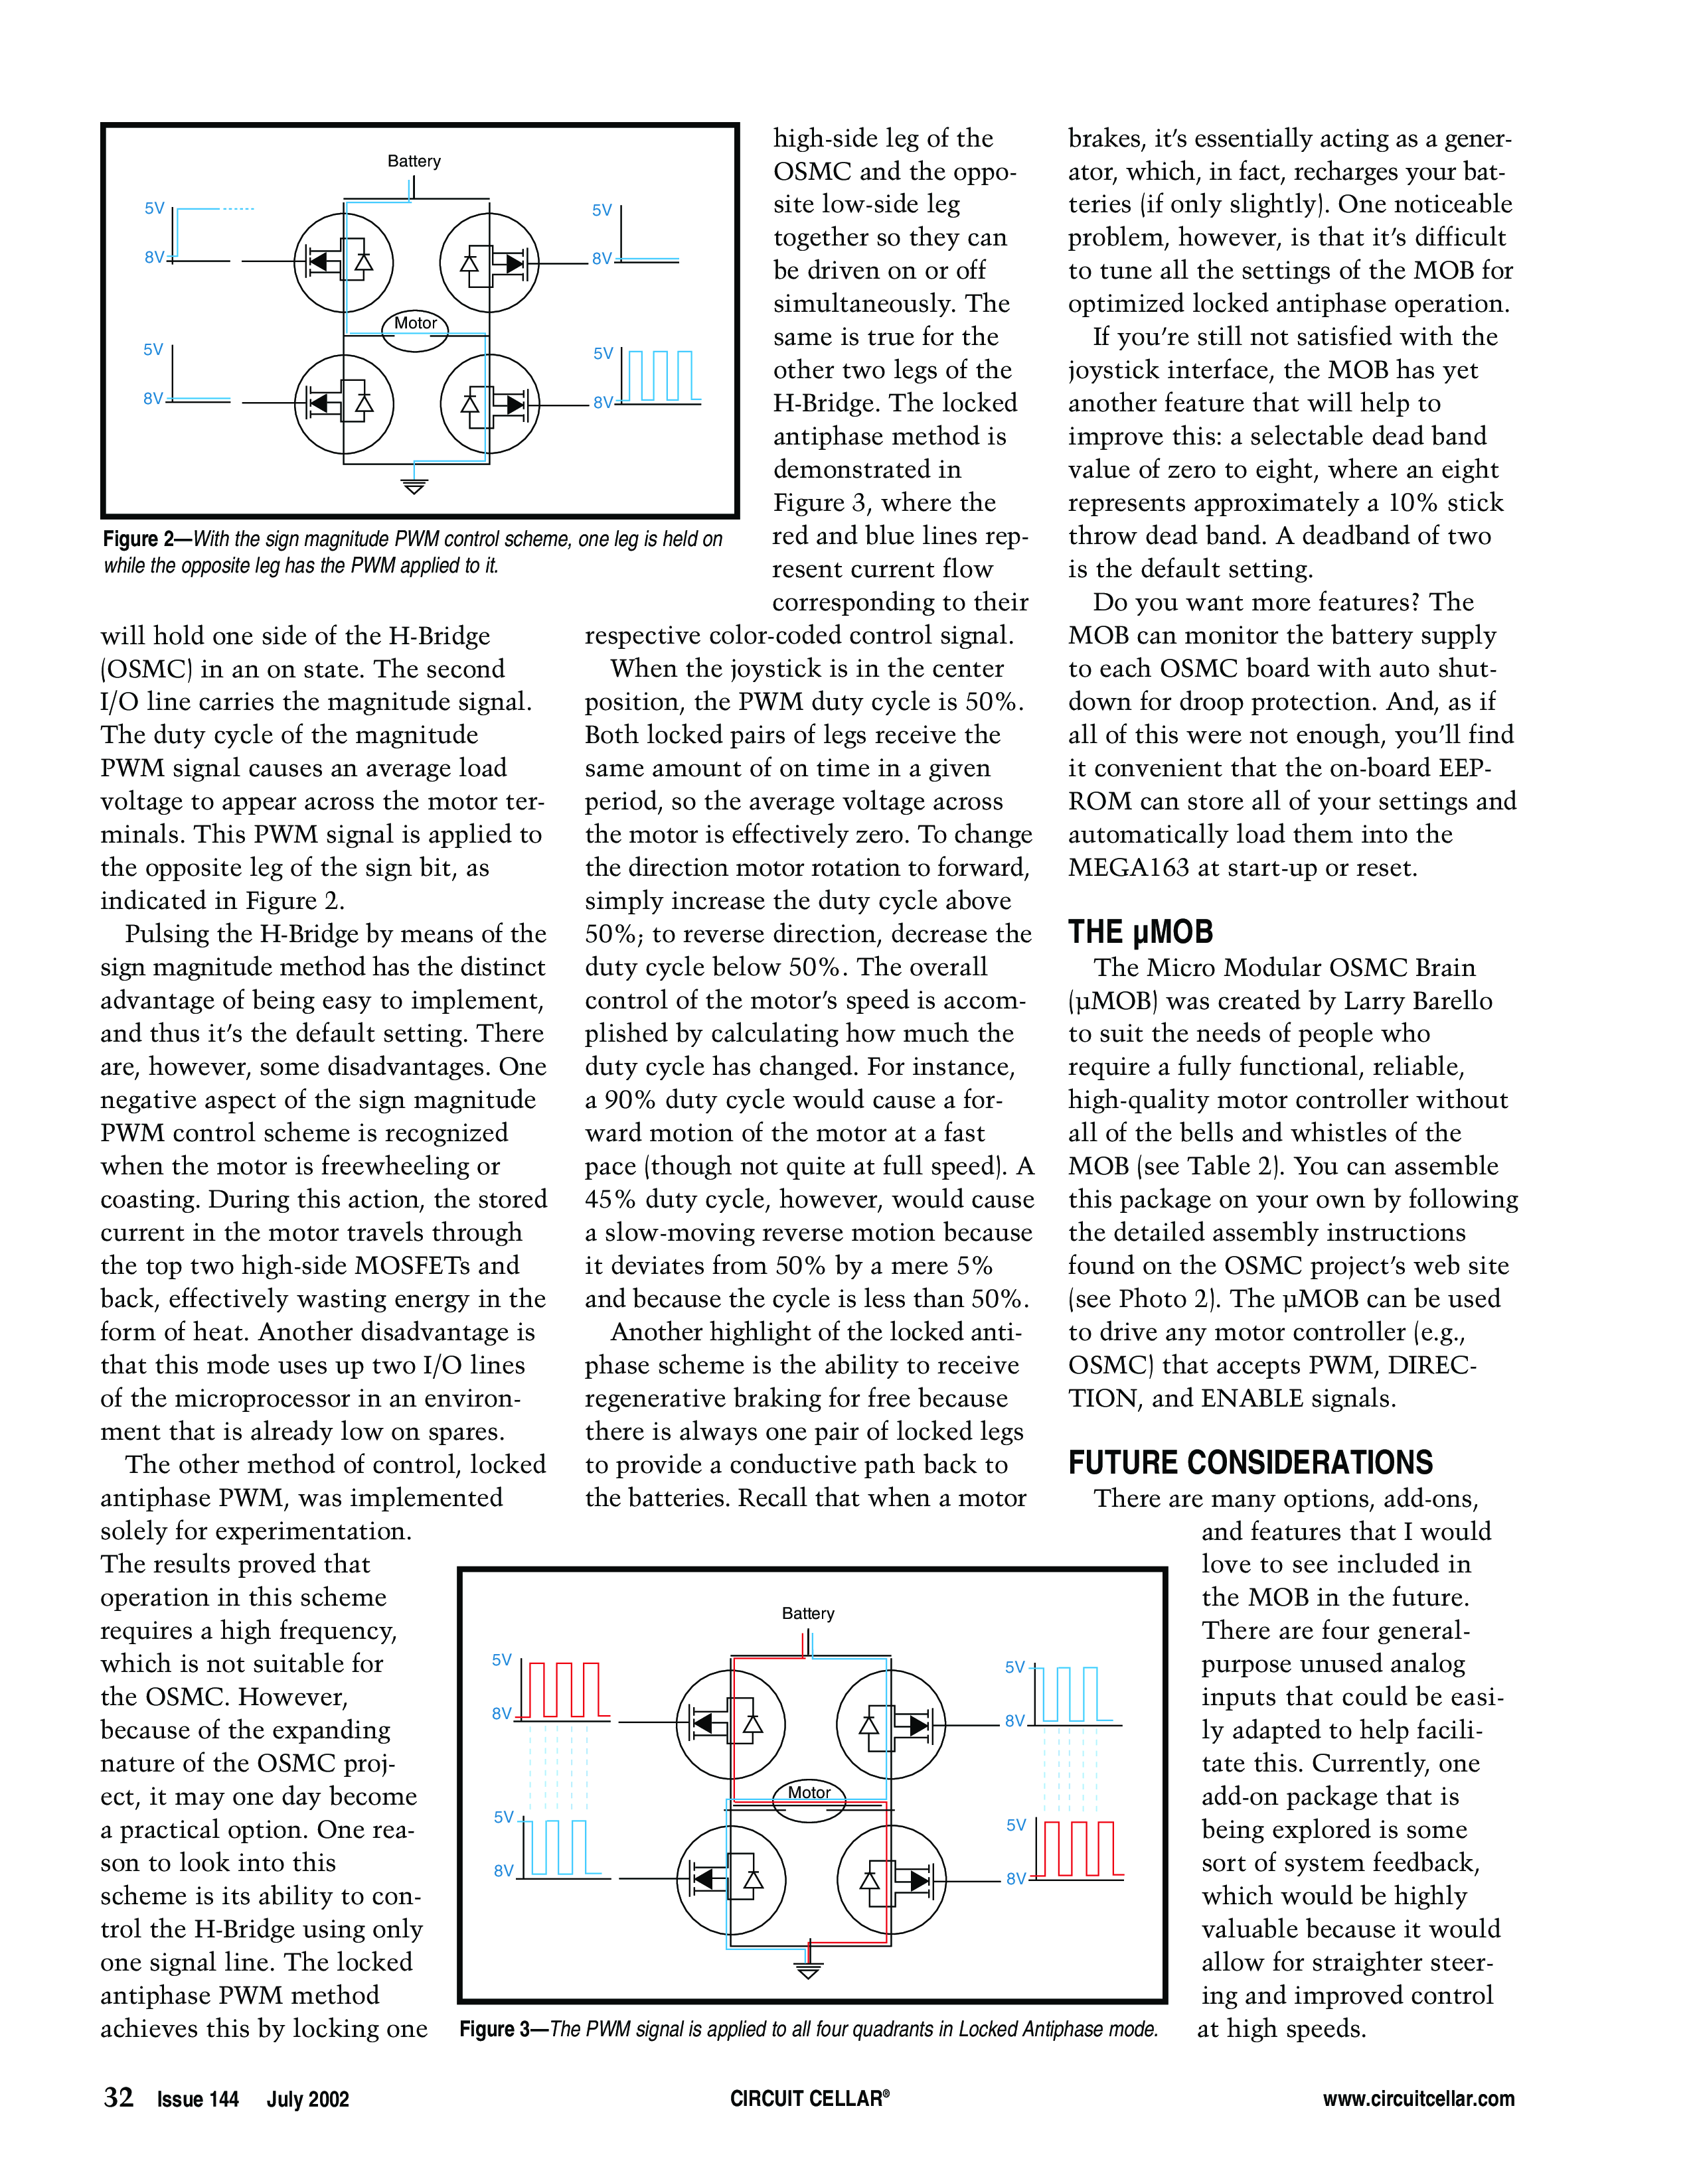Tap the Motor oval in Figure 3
(x=809, y=1801)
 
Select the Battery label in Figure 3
(x=807, y=1613)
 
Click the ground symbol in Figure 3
(x=809, y=1970)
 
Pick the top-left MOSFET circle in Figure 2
(x=343, y=263)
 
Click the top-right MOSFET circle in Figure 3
(x=890, y=1725)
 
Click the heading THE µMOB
(x=1141, y=932)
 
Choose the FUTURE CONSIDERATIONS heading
(x=1250, y=1462)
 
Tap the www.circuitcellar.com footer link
(x=1418, y=2099)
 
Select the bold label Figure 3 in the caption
(x=500, y=2029)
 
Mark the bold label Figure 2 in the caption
(x=145, y=539)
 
